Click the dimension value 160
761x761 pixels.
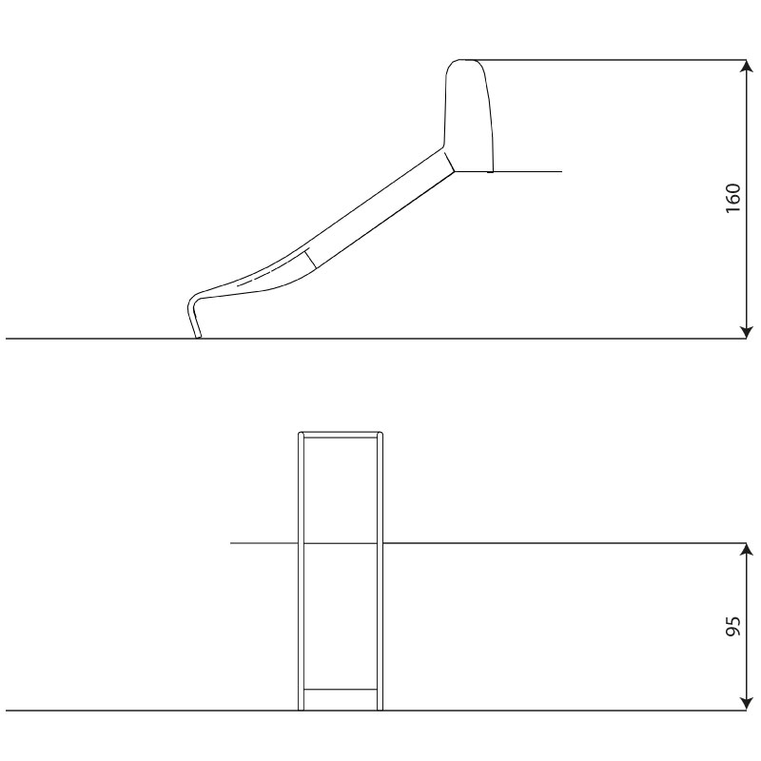[732, 199]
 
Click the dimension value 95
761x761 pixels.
[732, 628]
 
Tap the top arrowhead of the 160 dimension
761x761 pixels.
[747, 66]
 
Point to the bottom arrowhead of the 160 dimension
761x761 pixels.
[747, 332]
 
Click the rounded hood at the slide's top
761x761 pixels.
[470, 114]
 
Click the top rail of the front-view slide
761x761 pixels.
[341, 435]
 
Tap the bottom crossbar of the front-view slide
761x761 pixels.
[341, 689]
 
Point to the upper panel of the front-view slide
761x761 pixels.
[341, 490]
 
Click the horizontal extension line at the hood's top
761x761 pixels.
[609, 60]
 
